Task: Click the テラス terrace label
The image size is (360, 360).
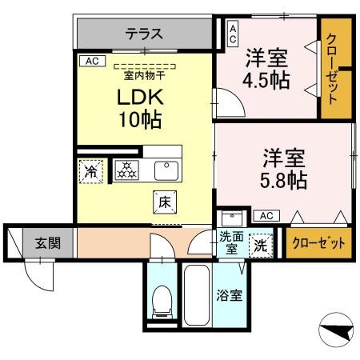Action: pos(144,34)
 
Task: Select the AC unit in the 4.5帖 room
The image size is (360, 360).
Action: pos(233,32)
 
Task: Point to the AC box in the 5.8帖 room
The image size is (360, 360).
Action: pos(266,215)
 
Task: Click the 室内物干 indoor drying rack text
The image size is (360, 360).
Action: pos(144,75)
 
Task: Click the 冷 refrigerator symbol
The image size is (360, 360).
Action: pos(91,170)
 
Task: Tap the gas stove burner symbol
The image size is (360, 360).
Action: pos(126,169)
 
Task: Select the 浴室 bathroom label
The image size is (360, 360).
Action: pos(230,294)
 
